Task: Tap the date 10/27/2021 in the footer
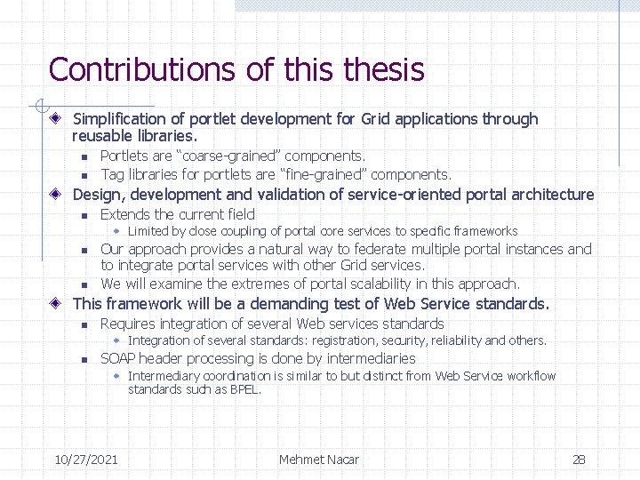pyautogui.click(x=86, y=460)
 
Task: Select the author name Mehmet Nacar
pyautogui.click(x=319, y=460)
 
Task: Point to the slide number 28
pyautogui.click(x=579, y=460)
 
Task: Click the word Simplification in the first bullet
pyautogui.click(x=119, y=119)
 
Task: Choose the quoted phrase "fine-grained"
pyautogui.click(x=321, y=175)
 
